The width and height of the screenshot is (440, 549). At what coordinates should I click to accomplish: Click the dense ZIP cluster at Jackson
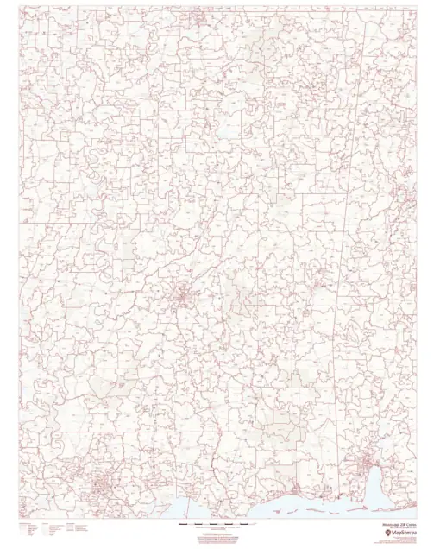click(x=183, y=299)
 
